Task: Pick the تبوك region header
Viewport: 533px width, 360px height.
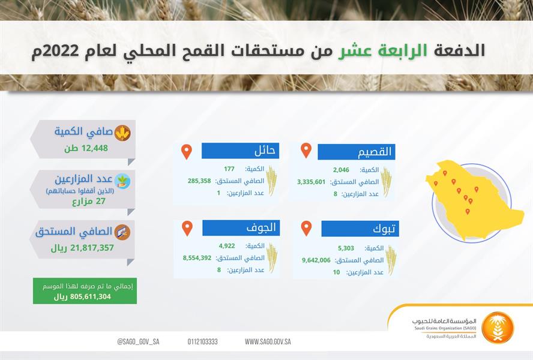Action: pos(361,229)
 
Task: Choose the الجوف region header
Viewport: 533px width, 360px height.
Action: pos(241,228)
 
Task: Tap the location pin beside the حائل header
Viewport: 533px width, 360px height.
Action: pos(187,151)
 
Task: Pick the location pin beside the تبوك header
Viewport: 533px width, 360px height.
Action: pos(306,228)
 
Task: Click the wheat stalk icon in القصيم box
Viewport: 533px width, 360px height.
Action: pos(386,182)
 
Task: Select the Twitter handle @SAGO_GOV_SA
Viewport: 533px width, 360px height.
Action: pos(138,341)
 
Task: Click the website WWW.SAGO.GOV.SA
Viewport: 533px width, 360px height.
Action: pos(268,341)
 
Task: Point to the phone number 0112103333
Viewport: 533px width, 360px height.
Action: pos(202,341)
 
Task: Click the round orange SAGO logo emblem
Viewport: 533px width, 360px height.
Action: pos(498,328)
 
